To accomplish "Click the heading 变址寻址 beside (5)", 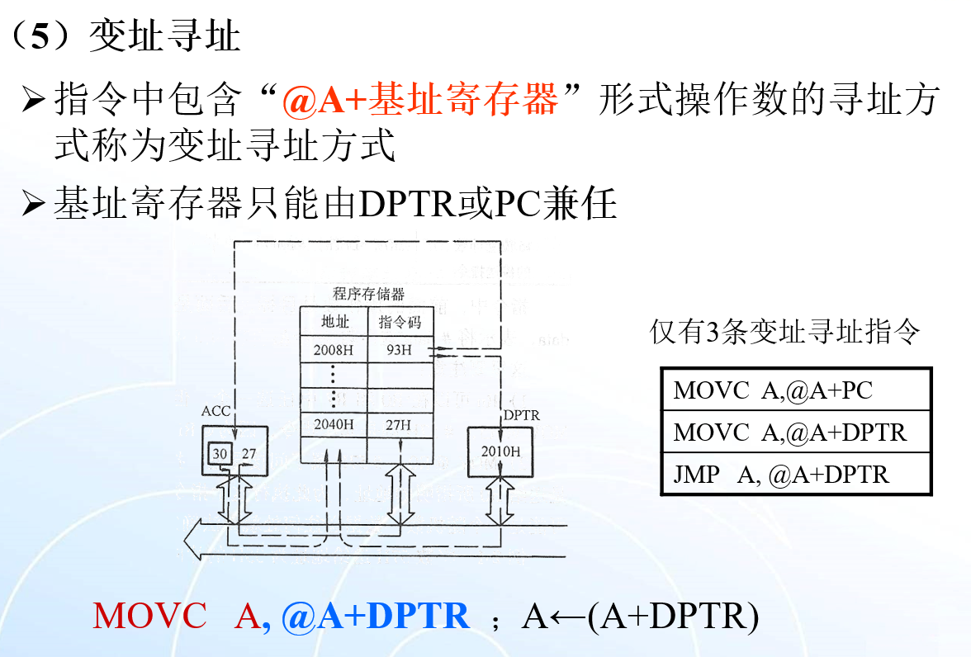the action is [164, 37].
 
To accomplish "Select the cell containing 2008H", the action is [334, 349].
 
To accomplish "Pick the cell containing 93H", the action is [399, 349].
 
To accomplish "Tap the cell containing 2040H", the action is [334, 425].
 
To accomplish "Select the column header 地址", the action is [334, 322].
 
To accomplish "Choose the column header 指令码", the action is [400, 322].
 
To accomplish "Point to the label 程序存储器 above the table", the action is [368, 295].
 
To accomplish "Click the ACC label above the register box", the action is [216, 411].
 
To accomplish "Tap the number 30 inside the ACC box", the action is [219, 453].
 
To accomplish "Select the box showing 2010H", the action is [500, 451].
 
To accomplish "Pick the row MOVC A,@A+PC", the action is [796, 390].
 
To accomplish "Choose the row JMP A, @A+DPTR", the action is [796, 475].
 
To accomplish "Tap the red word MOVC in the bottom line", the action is [149, 616].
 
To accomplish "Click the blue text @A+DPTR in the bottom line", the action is [376, 616].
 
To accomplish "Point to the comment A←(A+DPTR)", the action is [640, 616].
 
